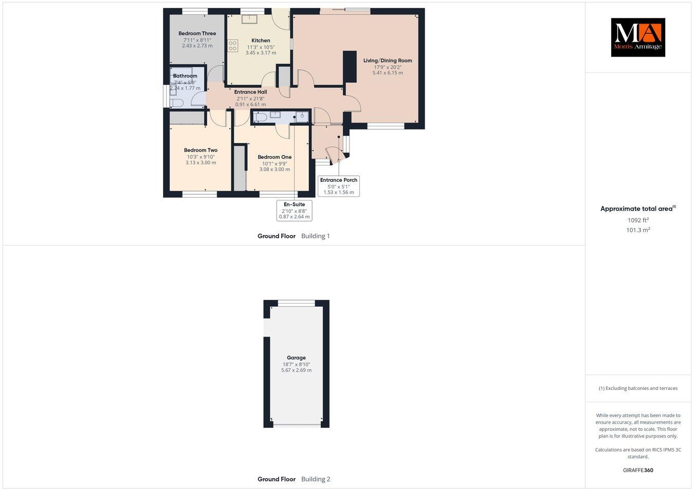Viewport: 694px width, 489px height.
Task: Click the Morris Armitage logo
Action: [x=637, y=37]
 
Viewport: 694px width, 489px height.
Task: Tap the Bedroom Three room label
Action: [x=197, y=33]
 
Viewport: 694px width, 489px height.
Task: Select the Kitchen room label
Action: [x=261, y=41]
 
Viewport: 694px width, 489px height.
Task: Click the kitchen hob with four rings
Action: [x=233, y=46]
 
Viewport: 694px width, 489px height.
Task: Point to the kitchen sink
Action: [x=250, y=19]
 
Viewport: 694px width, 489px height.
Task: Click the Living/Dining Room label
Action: [x=388, y=61]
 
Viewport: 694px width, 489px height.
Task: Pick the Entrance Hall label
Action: [x=250, y=92]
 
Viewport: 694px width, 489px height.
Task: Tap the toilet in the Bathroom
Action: [x=177, y=103]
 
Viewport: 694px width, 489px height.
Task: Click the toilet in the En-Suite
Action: [x=260, y=118]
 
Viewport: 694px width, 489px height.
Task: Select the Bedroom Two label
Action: [x=200, y=151]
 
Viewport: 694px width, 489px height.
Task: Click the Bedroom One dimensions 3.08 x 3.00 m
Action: [x=275, y=170]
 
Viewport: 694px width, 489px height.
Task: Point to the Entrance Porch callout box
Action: [x=339, y=186]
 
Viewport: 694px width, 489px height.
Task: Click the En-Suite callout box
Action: [x=294, y=211]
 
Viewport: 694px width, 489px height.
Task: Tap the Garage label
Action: [x=296, y=358]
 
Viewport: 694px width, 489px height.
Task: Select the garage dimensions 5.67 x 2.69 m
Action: [x=296, y=370]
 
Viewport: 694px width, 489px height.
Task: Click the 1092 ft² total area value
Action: [x=638, y=220]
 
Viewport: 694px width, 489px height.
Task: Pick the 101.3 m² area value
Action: [x=638, y=230]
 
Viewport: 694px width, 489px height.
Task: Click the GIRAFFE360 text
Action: [x=638, y=470]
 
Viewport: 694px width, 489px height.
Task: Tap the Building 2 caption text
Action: [x=316, y=479]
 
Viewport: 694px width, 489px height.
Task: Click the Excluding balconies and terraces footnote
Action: [x=638, y=388]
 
